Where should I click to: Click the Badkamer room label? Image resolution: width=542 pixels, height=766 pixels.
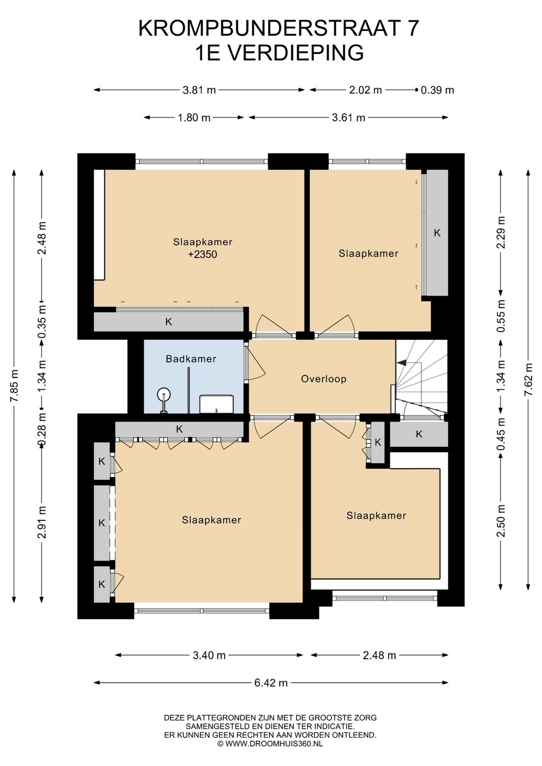tap(191, 359)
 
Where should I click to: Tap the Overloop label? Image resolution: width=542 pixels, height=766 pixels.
tap(324, 379)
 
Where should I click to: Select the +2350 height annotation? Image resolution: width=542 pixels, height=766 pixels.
tap(202, 254)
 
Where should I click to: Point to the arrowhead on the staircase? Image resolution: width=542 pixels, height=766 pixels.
tap(401, 362)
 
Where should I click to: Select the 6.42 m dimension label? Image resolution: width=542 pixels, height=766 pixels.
tap(271, 683)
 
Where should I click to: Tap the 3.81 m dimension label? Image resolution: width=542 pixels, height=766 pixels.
tap(199, 90)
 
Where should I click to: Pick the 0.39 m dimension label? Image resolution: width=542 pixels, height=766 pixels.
tap(437, 90)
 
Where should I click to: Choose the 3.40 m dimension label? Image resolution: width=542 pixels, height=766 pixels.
tap(209, 655)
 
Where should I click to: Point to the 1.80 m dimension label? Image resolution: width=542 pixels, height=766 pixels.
tap(194, 117)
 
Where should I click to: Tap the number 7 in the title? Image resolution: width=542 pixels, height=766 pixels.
tap(414, 28)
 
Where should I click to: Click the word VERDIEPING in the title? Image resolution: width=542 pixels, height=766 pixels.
tap(295, 53)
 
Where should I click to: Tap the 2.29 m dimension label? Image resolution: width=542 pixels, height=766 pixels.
tap(501, 232)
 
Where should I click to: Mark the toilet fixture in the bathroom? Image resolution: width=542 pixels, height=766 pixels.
tap(217, 404)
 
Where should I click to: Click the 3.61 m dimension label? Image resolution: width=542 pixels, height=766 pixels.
tap(348, 117)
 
